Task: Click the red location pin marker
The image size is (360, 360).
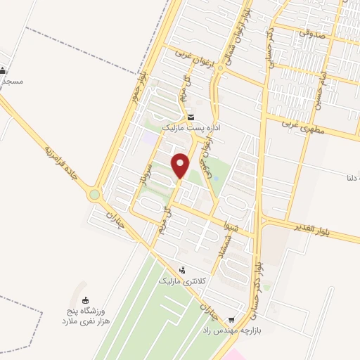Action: pos(181,165)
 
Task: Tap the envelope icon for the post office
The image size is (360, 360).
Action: pos(191,117)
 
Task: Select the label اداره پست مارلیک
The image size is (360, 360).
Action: pos(192,129)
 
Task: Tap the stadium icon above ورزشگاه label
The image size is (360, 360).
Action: pos(86,300)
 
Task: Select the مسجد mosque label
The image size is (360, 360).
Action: pos(12,81)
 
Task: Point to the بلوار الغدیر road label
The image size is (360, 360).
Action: pos(316,229)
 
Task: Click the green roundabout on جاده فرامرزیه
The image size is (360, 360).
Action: pos(94,194)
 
